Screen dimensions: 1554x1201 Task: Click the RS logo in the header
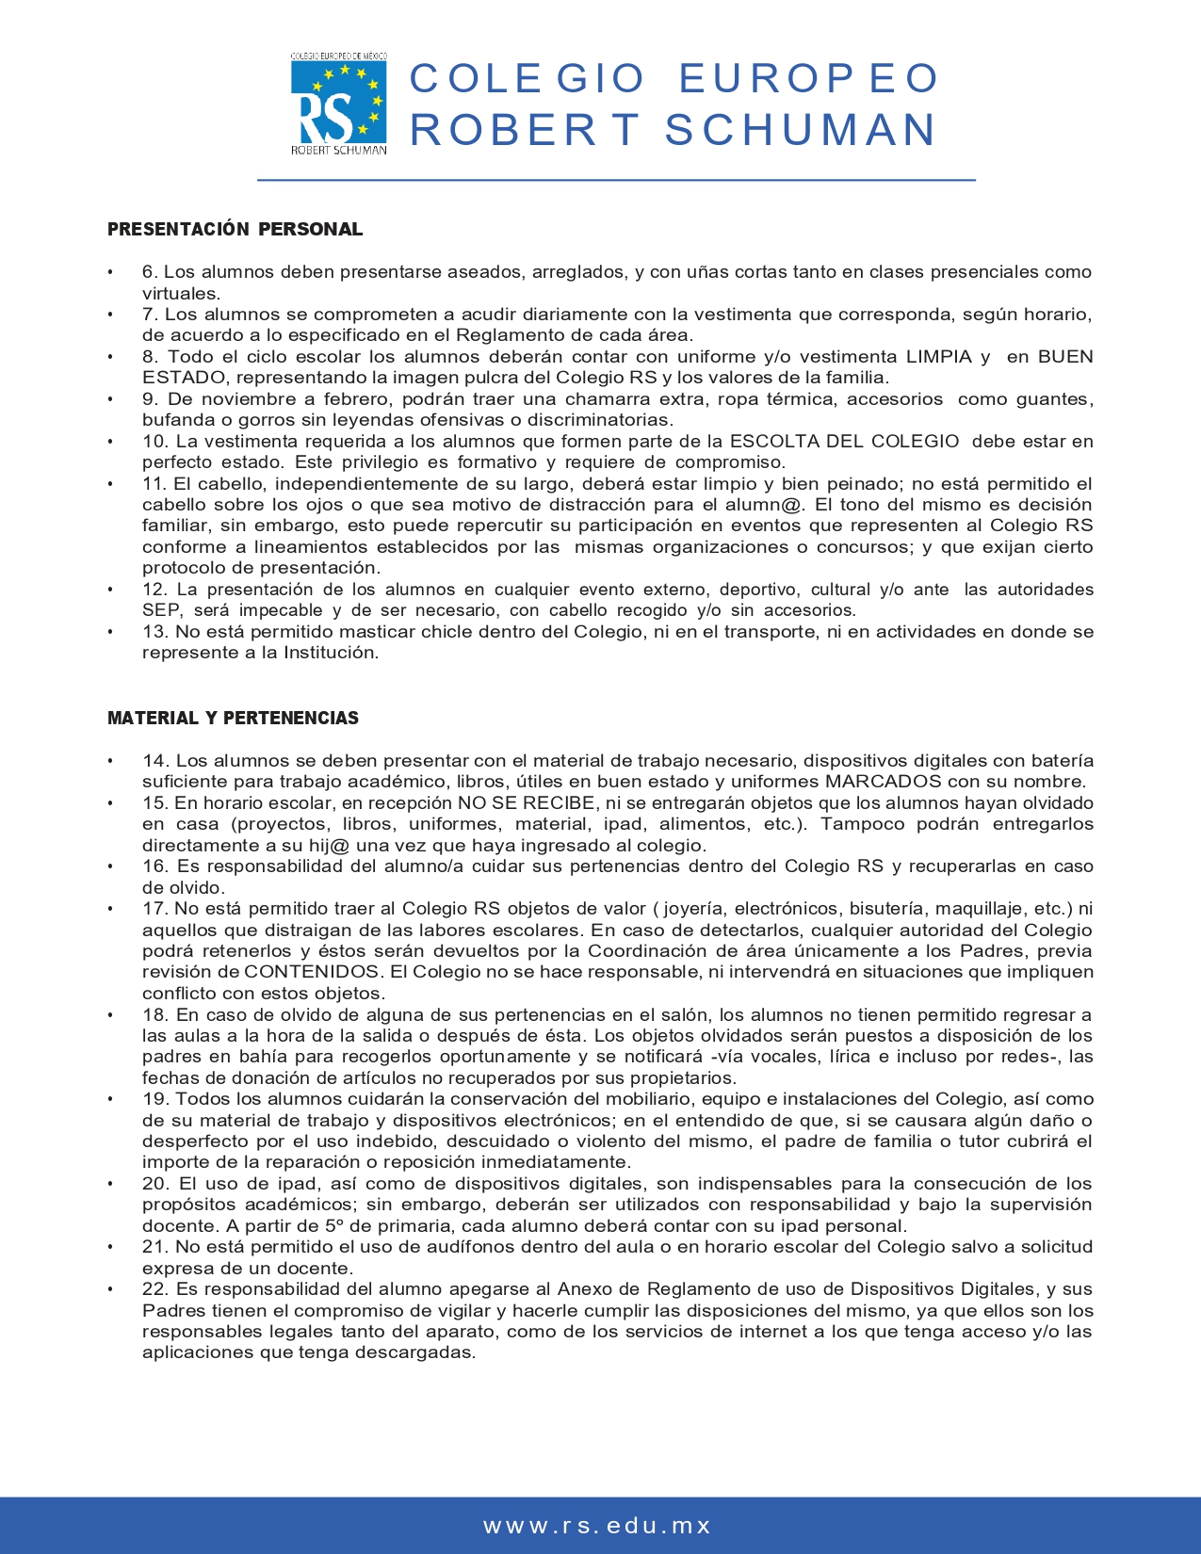coord(338,104)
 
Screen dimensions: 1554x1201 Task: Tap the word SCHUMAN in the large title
coord(801,130)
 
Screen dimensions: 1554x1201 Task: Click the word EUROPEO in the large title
coord(808,79)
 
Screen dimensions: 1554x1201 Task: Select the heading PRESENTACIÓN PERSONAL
coord(235,229)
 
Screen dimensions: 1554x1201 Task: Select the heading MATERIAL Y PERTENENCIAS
coord(233,718)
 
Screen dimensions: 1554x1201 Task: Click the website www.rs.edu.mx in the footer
coord(598,1526)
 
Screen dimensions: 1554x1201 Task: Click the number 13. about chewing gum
coord(155,632)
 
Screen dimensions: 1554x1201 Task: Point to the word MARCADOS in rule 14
coord(884,782)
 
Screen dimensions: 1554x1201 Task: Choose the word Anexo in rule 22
coord(584,1289)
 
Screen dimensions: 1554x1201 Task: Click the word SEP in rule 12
coord(161,610)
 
